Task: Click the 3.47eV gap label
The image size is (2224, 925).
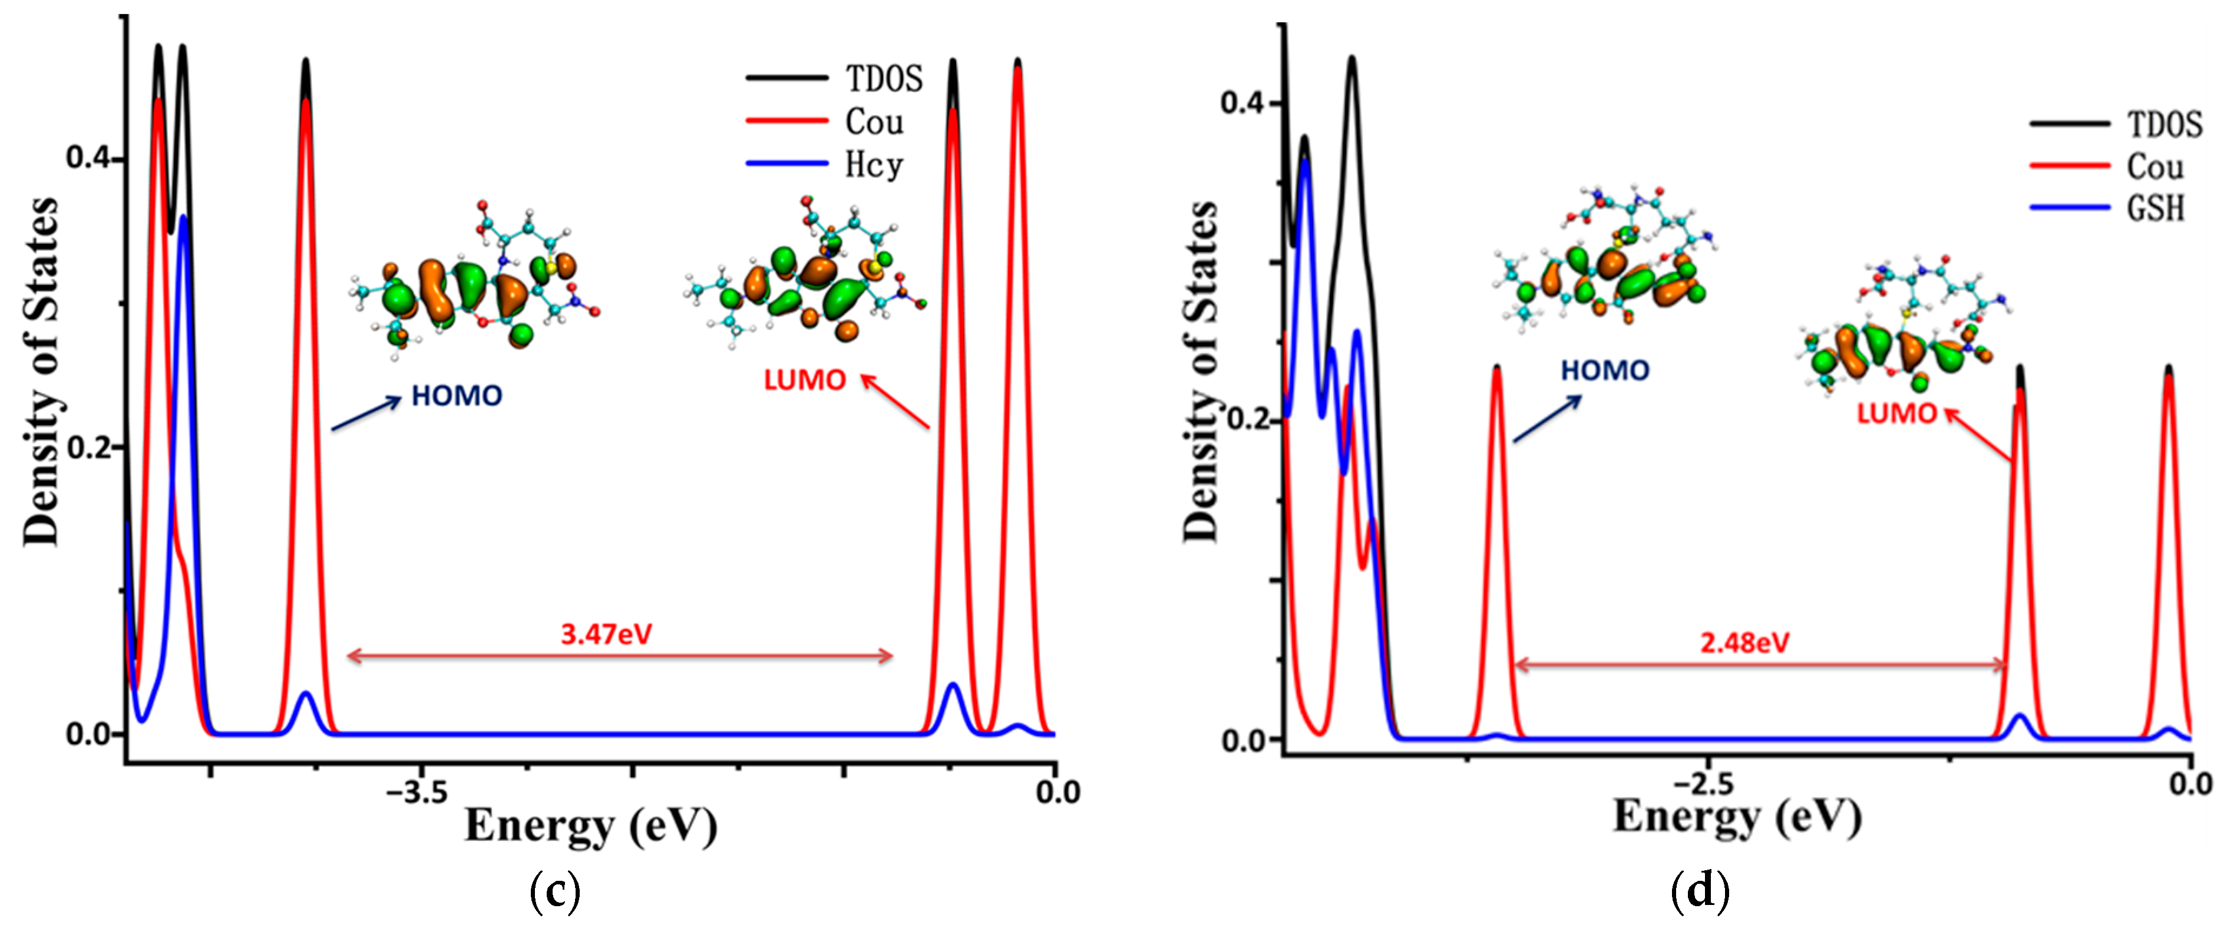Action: [606, 634]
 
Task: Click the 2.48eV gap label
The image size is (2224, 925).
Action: [1745, 643]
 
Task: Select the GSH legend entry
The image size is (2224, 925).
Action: [2155, 209]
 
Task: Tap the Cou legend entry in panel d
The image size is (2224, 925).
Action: [2155, 167]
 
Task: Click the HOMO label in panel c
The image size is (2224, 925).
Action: [457, 396]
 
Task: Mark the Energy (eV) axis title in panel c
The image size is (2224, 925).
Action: [590, 825]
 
